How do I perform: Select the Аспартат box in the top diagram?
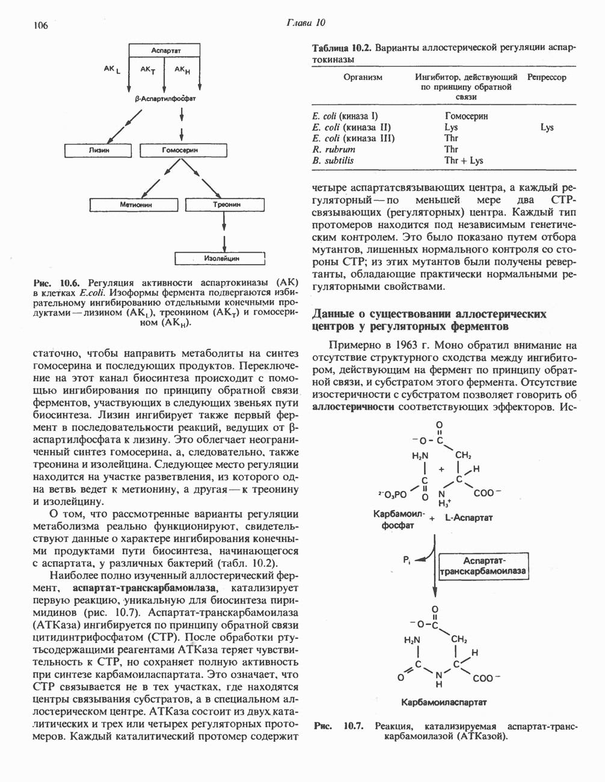click(167, 51)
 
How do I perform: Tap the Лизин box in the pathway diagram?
click(99, 150)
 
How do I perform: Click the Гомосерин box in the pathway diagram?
click(180, 150)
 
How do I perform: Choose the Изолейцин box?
click(221, 259)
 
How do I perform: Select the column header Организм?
click(362, 77)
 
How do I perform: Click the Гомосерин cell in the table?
click(466, 115)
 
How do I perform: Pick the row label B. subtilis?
click(333, 161)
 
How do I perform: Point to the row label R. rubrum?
click(334, 149)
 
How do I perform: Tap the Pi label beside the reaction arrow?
click(407, 559)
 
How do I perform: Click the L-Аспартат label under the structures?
click(470, 517)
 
